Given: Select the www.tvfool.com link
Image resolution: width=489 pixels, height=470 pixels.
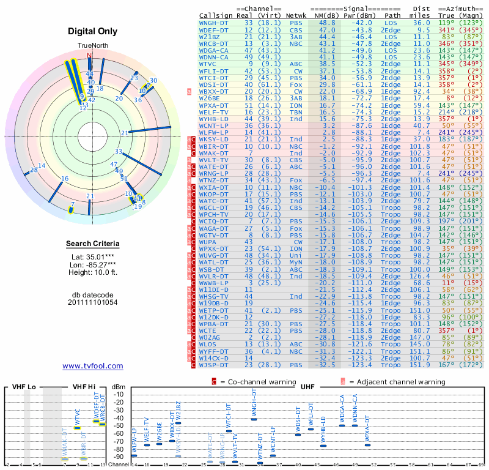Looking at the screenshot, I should pos(93,366).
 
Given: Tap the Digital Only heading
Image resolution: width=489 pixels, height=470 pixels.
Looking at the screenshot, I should pos(93,31).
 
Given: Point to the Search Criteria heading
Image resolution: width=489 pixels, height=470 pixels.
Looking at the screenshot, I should pos(93,244).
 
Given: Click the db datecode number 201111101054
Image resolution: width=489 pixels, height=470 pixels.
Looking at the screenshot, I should pos(93,302).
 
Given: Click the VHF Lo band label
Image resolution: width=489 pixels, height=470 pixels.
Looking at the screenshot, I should pos(24,387).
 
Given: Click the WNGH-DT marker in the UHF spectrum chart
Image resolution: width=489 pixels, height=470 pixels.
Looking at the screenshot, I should pos(254,419).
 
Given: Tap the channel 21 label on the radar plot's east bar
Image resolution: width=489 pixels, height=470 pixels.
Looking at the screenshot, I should pos(125,133).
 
